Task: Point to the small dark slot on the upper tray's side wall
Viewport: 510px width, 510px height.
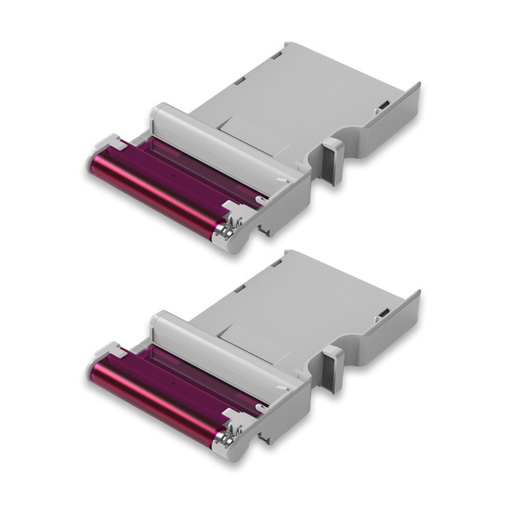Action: pos(384,105)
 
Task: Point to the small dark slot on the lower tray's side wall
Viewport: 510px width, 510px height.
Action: pos(384,312)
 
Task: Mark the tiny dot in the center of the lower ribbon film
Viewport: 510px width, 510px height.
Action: pos(174,380)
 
